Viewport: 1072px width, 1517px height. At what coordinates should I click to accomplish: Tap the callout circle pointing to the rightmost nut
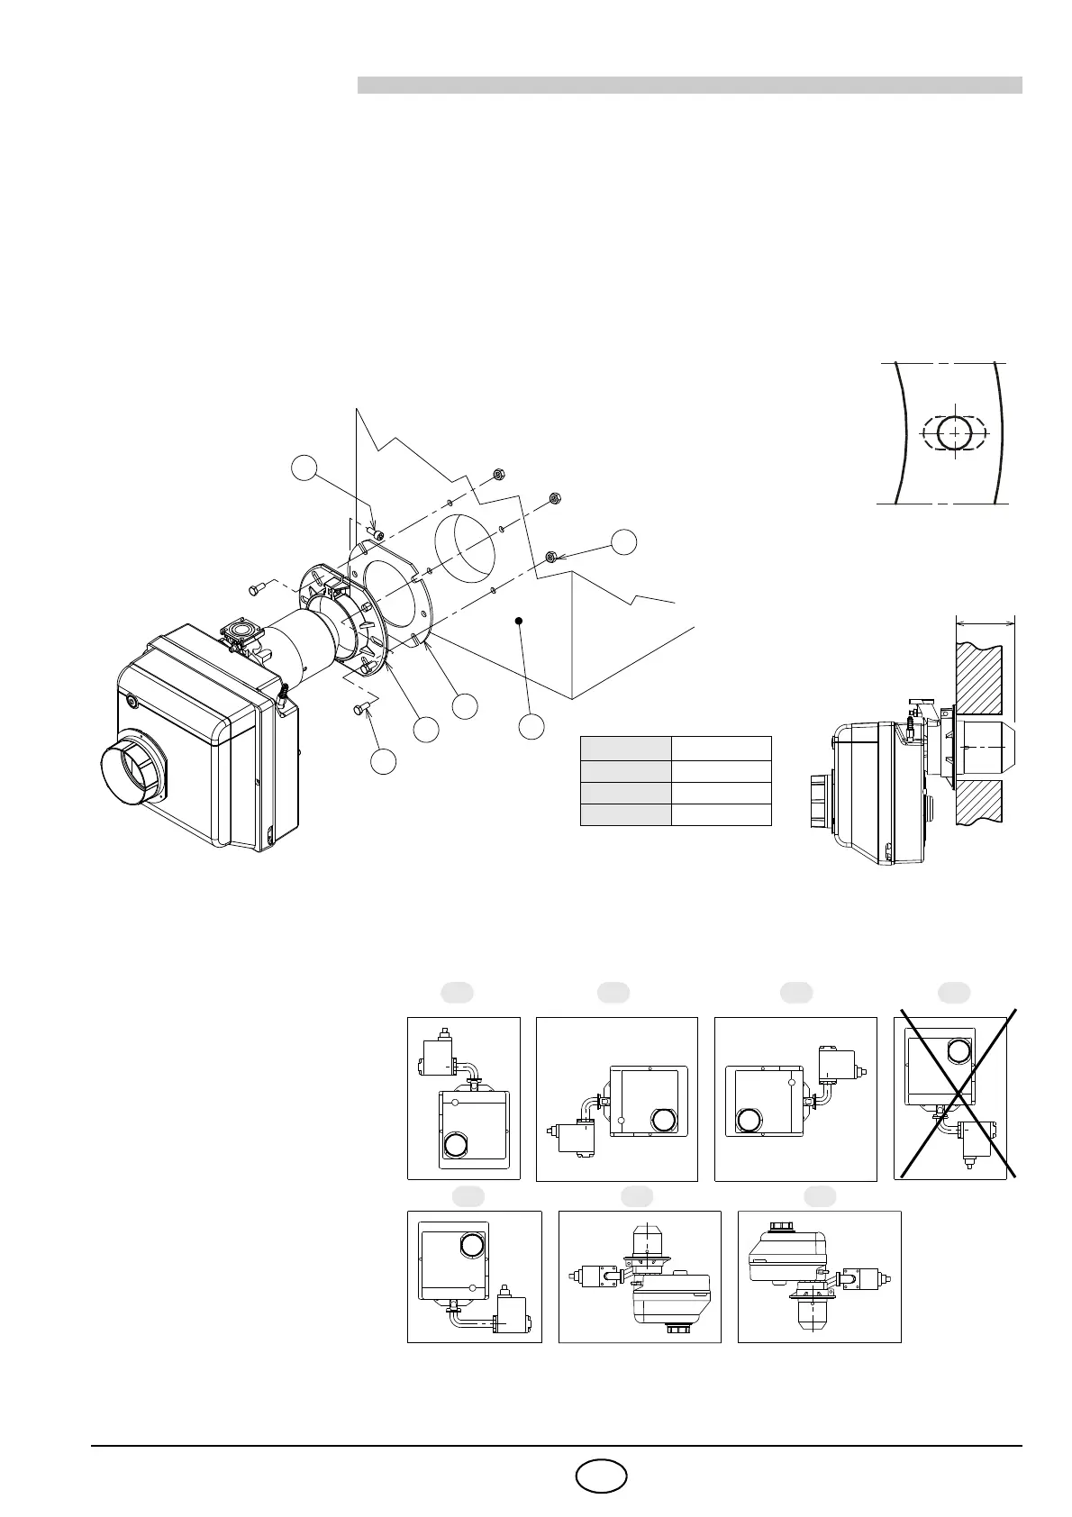(623, 541)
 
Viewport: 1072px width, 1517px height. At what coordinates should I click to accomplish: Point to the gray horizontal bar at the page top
(689, 85)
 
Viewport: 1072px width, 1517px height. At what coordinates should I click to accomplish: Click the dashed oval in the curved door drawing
(953, 433)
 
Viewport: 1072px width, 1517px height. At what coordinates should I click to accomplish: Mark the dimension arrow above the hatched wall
(985, 622)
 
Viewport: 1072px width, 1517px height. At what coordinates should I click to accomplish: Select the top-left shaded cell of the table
(625, 748)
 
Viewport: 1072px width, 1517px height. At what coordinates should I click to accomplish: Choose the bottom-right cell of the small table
(722, 814)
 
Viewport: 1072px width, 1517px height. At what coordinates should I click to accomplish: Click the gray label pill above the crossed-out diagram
(954, 993)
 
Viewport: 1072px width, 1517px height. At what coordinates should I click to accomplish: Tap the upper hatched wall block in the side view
(983, 673)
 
